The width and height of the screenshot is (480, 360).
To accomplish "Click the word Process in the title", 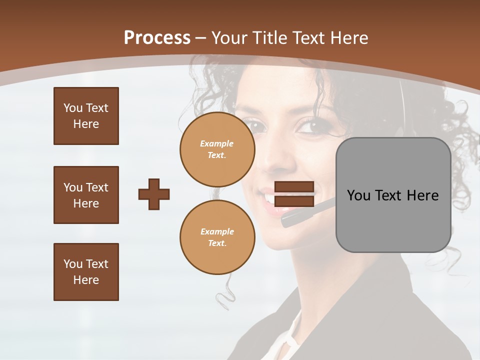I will (157, 38).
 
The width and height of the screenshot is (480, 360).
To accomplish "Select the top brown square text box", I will (86, 116).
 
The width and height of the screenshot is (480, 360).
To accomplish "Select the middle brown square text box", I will (86, 195).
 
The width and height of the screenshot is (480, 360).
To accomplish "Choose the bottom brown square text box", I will (86, 272).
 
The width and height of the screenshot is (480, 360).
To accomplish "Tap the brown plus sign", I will (154, 194).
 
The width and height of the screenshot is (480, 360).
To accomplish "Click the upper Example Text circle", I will (217, 149).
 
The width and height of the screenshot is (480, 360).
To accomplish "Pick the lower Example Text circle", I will (217, 237).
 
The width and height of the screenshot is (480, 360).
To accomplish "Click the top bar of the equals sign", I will (294, 186).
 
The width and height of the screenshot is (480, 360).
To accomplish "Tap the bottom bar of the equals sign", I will (294, 201).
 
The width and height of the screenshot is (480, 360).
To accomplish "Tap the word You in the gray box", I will (358, 195).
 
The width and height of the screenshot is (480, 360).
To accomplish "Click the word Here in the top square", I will (86, 124).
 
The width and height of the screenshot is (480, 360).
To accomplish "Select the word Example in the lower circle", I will (217, 231).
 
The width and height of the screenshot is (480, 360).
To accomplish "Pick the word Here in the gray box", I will (423, 195).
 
